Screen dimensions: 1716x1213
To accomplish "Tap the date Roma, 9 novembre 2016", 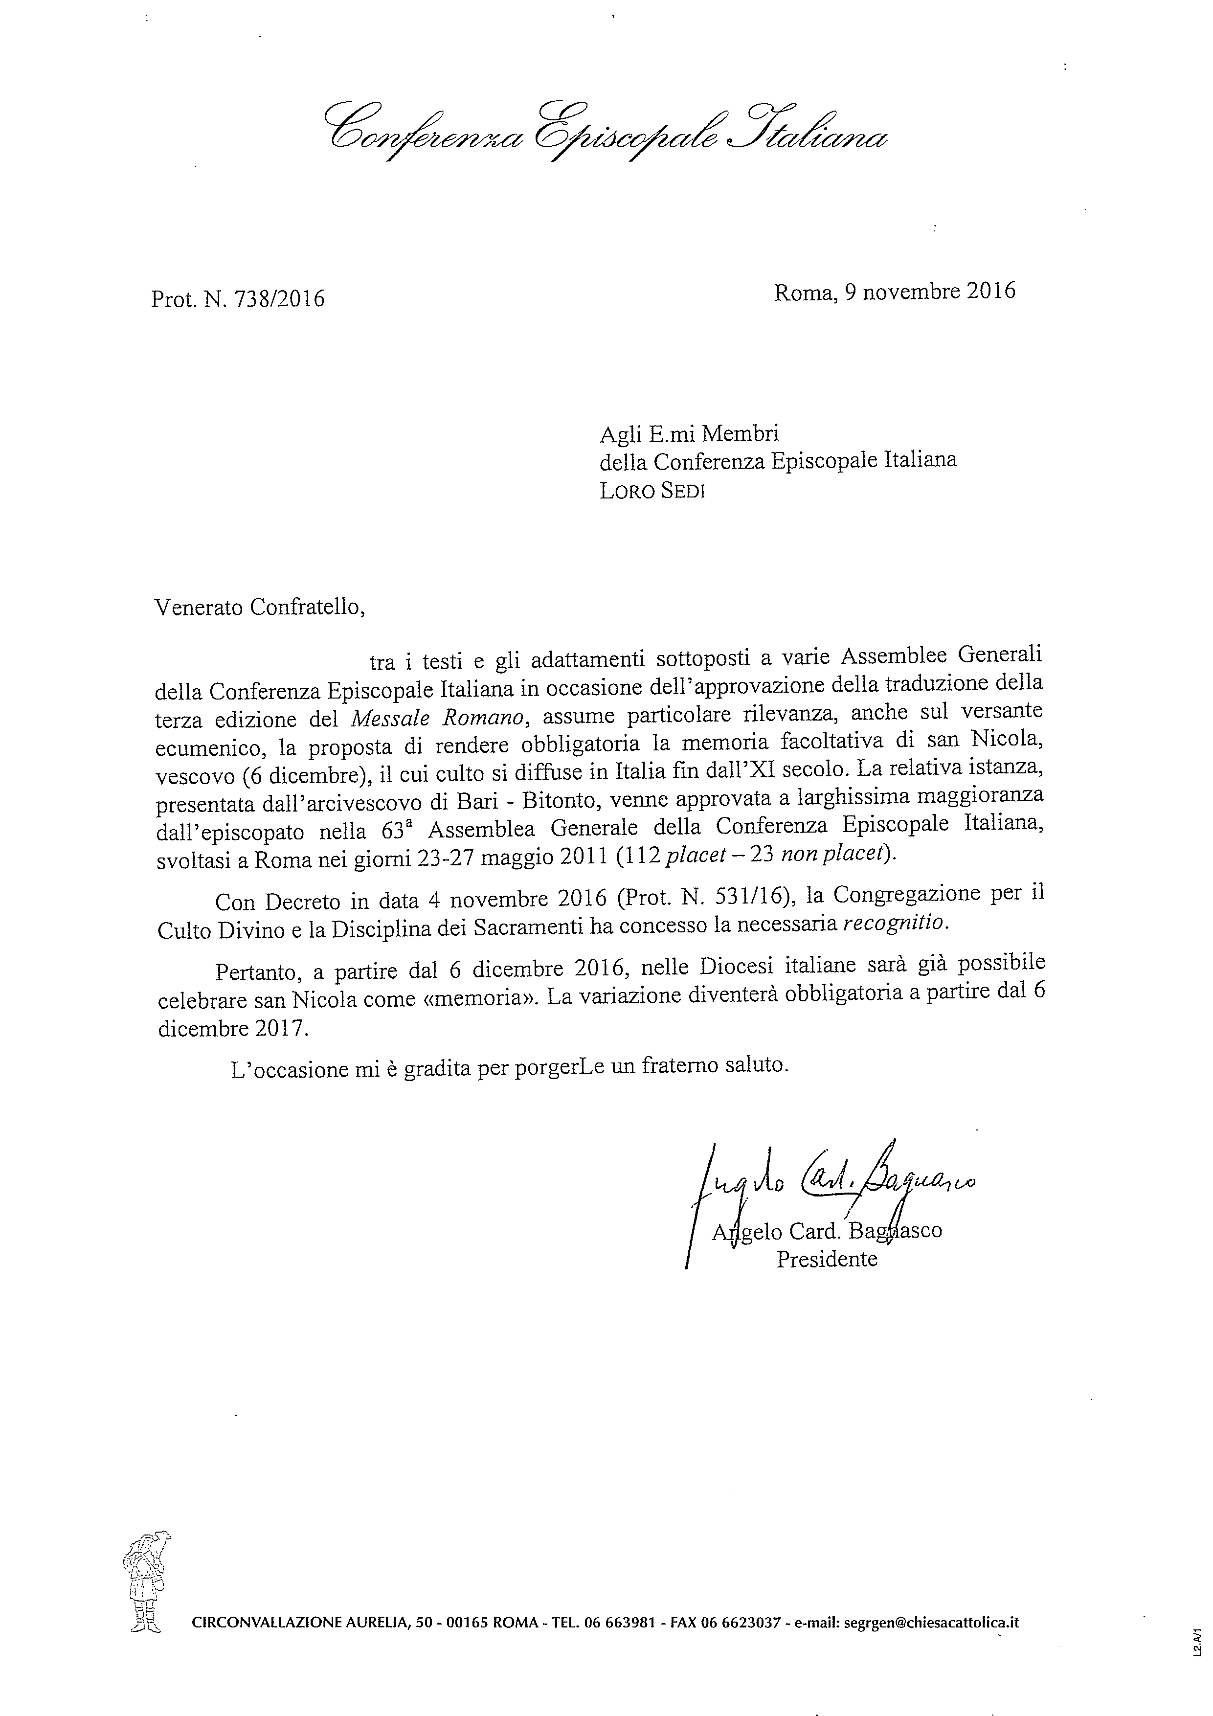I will coord(895,292).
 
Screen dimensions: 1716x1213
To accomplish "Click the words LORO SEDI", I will coord(652,491).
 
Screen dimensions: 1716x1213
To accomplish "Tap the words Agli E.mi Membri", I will coord(689,433).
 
